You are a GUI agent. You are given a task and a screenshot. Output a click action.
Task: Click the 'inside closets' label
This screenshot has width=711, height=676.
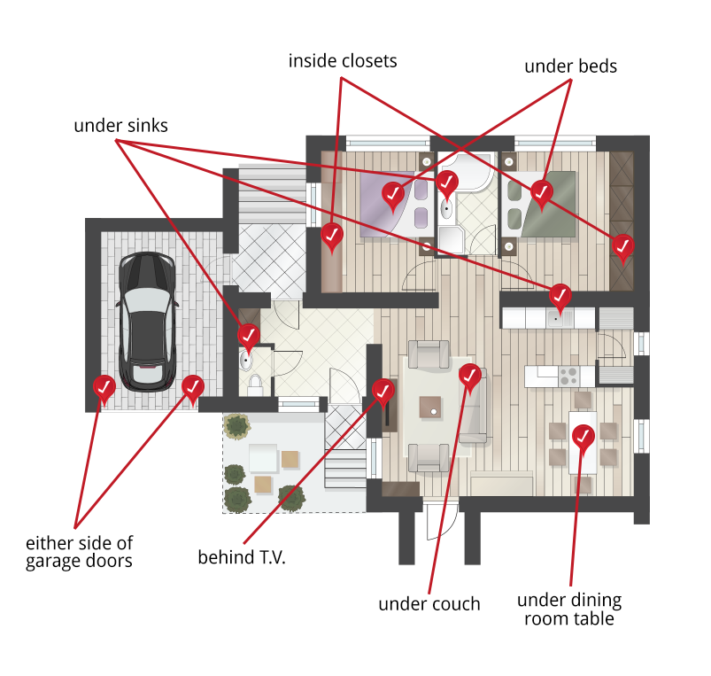pyautogui.click(x=343, y=61)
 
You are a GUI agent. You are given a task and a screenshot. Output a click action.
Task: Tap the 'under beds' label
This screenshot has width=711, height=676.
pyautogui.click(x=570, y=66)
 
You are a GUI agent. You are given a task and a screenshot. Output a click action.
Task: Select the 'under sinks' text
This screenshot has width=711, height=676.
pyautogui.click(x=120, y=126)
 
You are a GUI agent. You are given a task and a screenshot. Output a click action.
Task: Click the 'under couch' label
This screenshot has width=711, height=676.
pyautogui.click(x=429, y=604)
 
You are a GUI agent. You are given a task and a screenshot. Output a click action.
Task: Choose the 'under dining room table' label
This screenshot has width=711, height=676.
pyautogui.click(x=569, y=610)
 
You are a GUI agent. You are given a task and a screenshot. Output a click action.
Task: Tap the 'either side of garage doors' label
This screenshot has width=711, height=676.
pyautogui.click(x=80, y=551)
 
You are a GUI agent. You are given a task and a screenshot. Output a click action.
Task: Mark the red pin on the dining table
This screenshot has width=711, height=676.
pyautogui.click(x=583, y=436)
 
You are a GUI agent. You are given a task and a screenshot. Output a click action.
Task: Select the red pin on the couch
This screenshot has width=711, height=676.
pyautogui.click(x=470, y=376)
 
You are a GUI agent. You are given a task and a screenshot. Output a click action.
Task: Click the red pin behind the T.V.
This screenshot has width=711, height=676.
pyautogui.click(x=383, y=389)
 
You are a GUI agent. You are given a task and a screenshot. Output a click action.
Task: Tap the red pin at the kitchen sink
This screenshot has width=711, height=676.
pyautogui.click(x=560, y=294)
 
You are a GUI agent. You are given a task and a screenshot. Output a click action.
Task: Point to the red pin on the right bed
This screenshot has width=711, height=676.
pyautogui.click(x=541, y=190)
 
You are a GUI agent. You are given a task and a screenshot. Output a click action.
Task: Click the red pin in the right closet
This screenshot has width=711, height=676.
pyautogui.click(x=623, y=245)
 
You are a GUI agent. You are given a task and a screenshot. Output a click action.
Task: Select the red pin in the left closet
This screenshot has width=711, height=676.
pyautogui.click(x=332, y=235)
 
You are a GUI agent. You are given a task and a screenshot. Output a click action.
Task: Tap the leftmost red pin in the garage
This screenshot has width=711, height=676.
pyautogui.click(x=104, y=386)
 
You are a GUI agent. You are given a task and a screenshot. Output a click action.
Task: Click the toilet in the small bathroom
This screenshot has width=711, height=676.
pyautogui.click(x=255, y=382)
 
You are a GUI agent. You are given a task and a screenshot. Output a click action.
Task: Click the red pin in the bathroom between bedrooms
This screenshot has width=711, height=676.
pyautogui.click(x=447, y=183)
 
